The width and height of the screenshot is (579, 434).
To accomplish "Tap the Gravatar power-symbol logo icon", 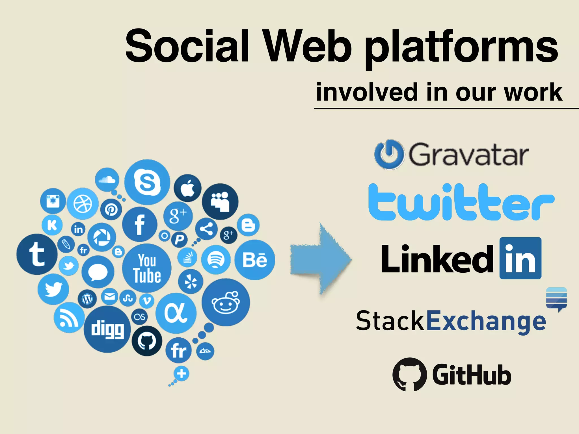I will [389, 154].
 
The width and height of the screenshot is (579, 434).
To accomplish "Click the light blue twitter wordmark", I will [461, 202].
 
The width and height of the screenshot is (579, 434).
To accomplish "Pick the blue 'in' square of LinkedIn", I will [520, 258].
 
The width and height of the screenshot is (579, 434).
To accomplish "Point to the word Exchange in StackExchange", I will [486, 321].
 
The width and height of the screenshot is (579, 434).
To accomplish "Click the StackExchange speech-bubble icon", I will [556, 299].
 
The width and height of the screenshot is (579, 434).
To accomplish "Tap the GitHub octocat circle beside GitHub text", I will [410, 374].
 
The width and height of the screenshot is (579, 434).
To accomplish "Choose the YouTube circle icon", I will [147, 268].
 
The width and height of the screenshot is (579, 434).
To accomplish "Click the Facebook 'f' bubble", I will [140, 224].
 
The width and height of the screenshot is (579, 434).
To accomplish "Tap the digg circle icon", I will [107, 329].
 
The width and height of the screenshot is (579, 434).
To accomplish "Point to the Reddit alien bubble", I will [226, 302].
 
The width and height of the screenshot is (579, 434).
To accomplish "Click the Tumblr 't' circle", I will [37, 254].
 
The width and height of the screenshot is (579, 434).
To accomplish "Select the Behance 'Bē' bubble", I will [255, 260].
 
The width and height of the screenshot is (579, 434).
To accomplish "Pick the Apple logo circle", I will [187, 188].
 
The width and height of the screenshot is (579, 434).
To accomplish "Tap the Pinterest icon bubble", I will [111, 209].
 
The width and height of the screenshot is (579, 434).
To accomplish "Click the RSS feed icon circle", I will [69, 317].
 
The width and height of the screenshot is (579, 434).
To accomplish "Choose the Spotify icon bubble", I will [216, 259].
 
